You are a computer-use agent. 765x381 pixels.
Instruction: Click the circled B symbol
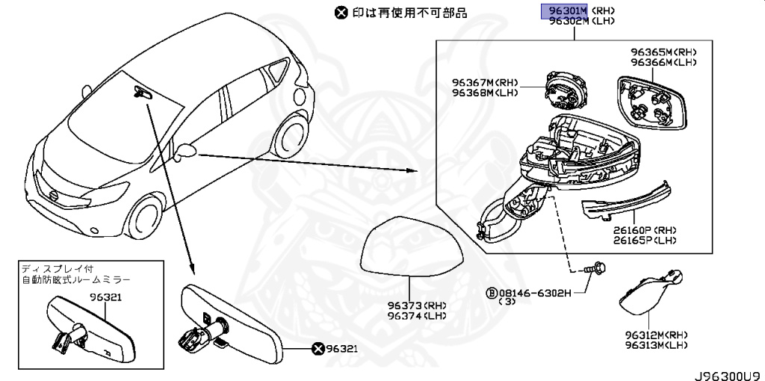tap(492, 292)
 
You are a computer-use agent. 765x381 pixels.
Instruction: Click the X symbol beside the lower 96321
tap(318, 348)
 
